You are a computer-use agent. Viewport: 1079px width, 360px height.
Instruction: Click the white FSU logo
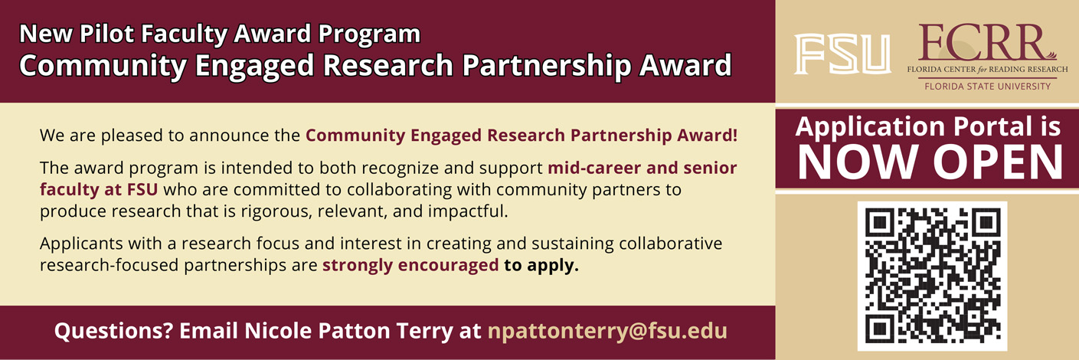(842, 54)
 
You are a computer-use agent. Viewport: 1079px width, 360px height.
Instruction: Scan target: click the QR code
(932, 276)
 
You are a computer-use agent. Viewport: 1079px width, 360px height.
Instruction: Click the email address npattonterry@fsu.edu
(607, 331)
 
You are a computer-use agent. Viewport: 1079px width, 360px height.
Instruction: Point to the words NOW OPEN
(930, 162)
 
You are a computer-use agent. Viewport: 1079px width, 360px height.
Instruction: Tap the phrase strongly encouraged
(410, 266)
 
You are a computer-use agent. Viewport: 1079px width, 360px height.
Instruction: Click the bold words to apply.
(541, 266)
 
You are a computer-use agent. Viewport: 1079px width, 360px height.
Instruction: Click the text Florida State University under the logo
(987, 87)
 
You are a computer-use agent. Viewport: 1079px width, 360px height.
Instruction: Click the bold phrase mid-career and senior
(642, 168)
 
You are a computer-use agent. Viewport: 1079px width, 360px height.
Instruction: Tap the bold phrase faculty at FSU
(99, 189)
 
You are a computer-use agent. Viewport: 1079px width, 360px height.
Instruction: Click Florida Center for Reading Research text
(987, 70)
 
